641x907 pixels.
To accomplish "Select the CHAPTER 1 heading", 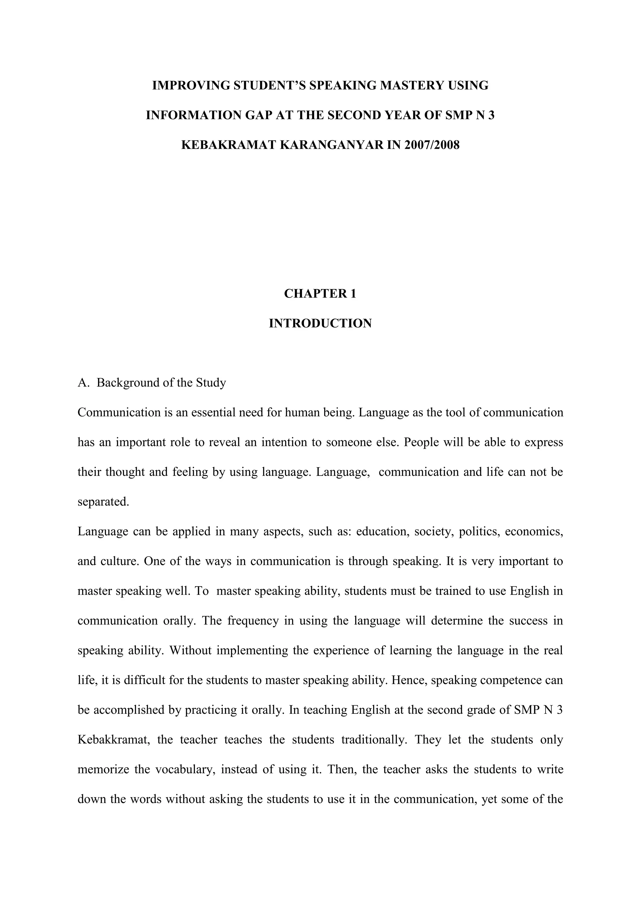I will tap(320, 293).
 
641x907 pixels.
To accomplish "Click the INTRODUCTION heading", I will tap(320, 323).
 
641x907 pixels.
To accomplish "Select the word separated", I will tap(103, 502).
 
